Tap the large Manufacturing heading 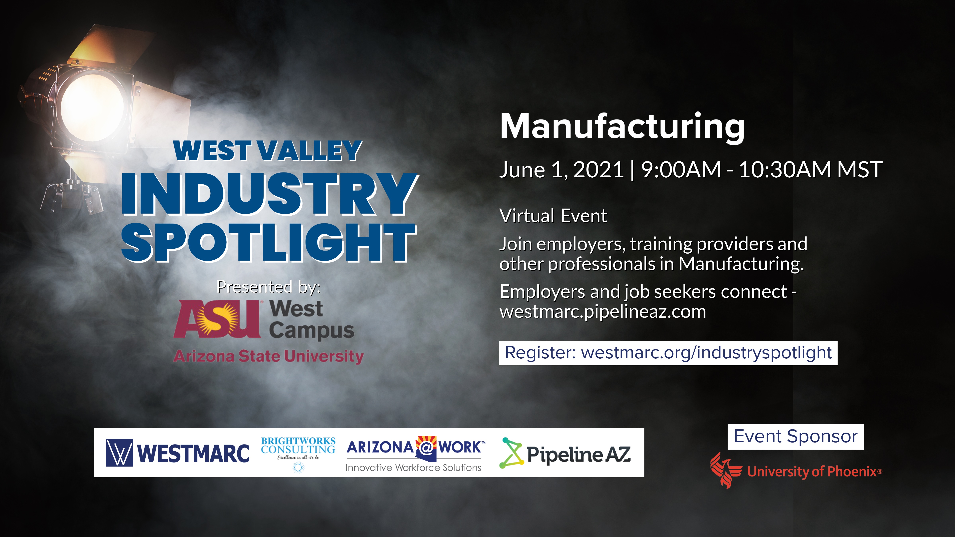(x=622, y=127)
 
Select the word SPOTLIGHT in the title (x=269, y=243)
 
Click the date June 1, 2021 (x=561, y=170)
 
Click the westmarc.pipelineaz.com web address (x=602, y=312)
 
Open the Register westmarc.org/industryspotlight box (x=668, y=353)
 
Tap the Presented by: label (x=268, y=287)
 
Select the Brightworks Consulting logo (x=298, y=450)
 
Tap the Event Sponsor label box (x=795, y=437)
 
